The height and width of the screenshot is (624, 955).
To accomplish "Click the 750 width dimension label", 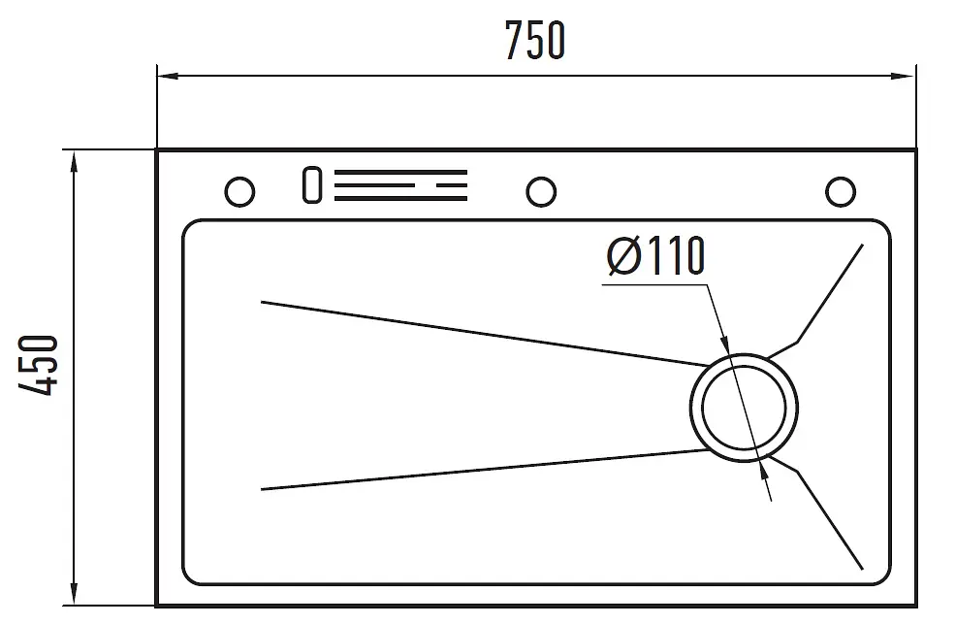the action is pyautogui.click(x=535, y=40).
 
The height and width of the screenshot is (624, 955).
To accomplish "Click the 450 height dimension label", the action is pyautogui.click(x=38, y=365).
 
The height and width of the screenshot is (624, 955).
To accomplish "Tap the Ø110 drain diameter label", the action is pyautogui.click(x=655, y=256).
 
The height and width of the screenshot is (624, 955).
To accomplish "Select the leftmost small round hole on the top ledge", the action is pyautogui.click(x=239, y=192).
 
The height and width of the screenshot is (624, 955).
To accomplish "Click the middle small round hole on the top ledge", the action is pyautogui.click(x=541, y=192).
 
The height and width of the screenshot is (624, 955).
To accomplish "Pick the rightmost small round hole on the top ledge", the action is pyautogui.click(x=841, y=192).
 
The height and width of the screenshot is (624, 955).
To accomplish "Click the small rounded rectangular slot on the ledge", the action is pyautogui.click(x=312, y=184).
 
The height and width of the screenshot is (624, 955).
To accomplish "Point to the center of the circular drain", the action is pyautogui.click(x=744, y=408).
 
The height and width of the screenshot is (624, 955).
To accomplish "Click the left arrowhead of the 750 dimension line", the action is pyautogui.click(x=168, y=76).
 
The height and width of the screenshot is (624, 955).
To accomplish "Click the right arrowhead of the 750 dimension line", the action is pyautogui.click(x=904, y=76).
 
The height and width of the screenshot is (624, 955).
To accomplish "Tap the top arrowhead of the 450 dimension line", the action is pyautogui.click(x=75, y=162).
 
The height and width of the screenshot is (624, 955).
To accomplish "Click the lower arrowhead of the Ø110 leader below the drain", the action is pyautogui.click(x=764, y=470).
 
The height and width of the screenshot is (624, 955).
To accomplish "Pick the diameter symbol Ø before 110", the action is pyautogui.click(x=623, y=256).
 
